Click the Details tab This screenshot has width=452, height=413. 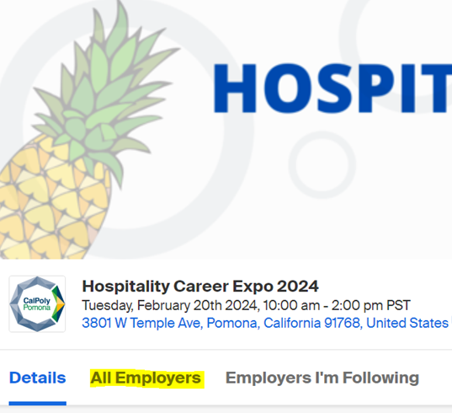click(x=38, y=378)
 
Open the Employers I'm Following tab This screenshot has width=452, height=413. click(x=322, y=378)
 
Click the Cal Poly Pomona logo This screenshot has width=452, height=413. click(x=37, y=304)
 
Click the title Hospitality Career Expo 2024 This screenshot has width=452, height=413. click(x=200, y=287)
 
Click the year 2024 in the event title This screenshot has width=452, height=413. click(x=297, y=287)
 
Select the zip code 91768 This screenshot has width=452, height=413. click(x=343, y=323)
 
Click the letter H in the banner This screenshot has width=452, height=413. click(x=235, y=88)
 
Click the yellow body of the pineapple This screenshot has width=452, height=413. click(x=52, y=202)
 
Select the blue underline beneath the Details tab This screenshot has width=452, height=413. click(x=38, y=403)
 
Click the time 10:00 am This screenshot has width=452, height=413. click(x=291, y=306)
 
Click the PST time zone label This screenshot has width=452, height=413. click(x=398, y=306)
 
